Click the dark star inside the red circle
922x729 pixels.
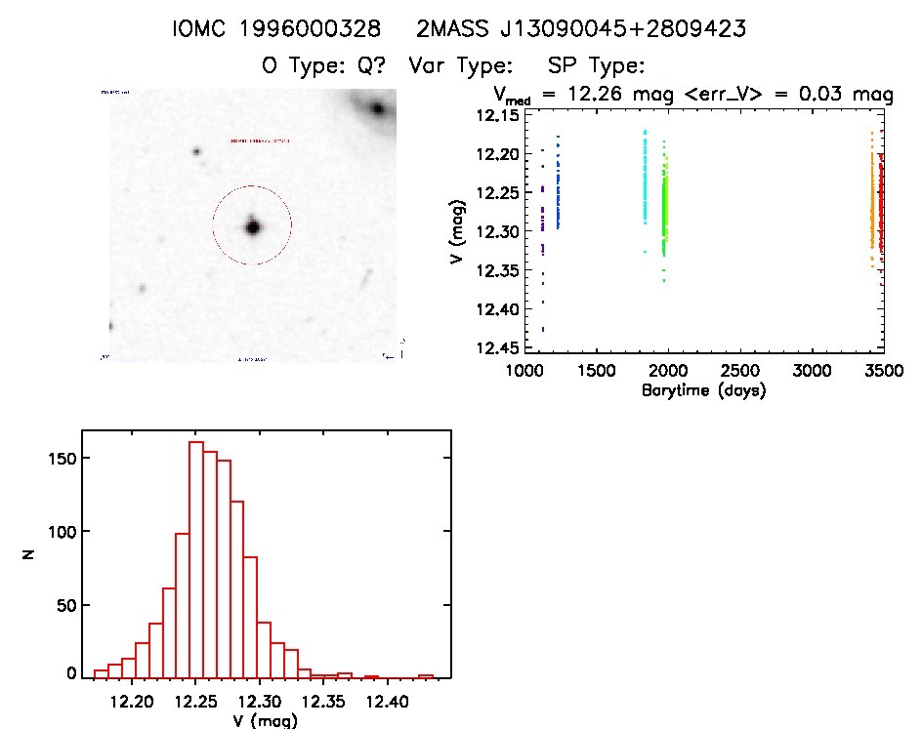[x=253, y=226]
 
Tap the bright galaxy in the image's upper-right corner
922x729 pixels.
[x=375, y=109]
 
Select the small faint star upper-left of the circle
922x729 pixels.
[x=196, y=151]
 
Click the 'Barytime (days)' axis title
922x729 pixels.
[x=703, y=390]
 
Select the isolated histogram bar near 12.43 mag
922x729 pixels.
[x=426, y=676]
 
